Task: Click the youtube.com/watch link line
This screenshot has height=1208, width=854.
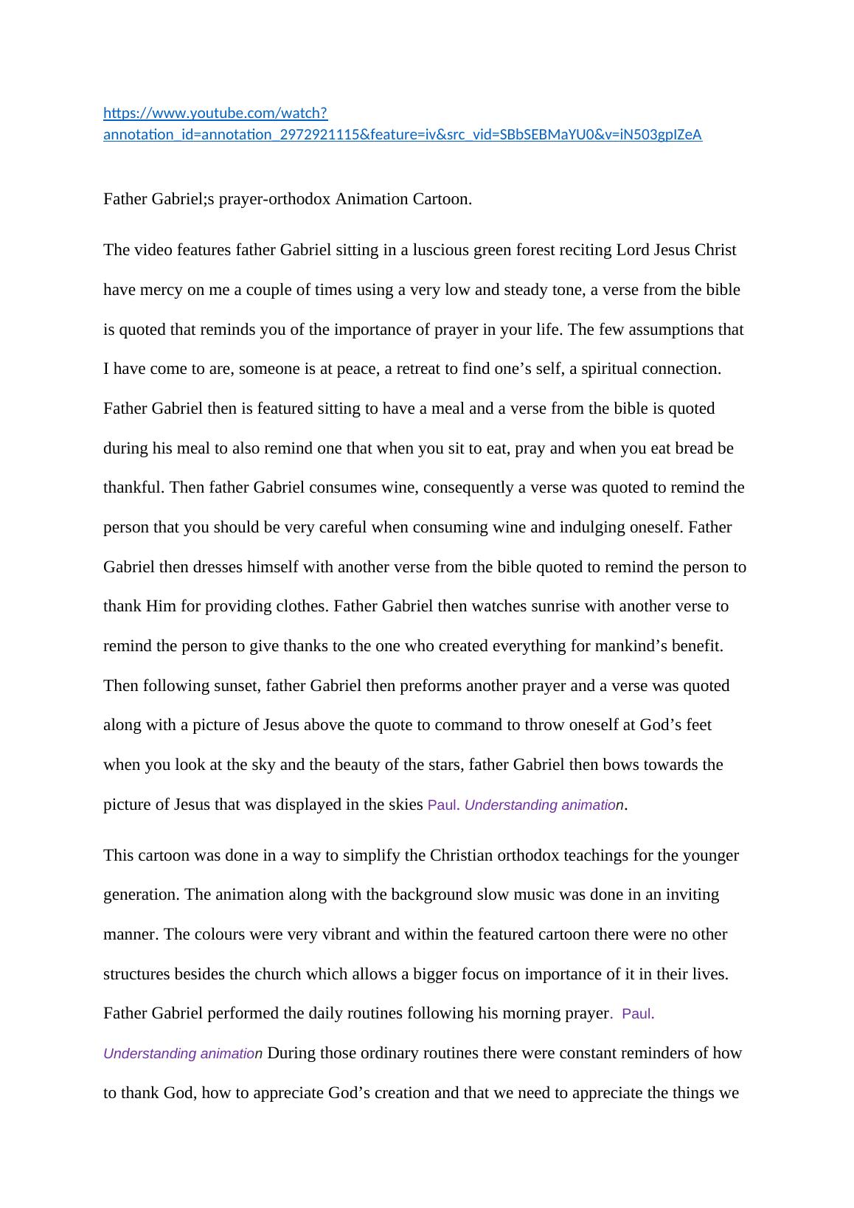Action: coord(215,113)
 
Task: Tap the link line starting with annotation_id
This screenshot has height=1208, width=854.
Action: coord(402,134)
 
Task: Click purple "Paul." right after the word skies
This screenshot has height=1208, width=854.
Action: coord(443,805)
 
